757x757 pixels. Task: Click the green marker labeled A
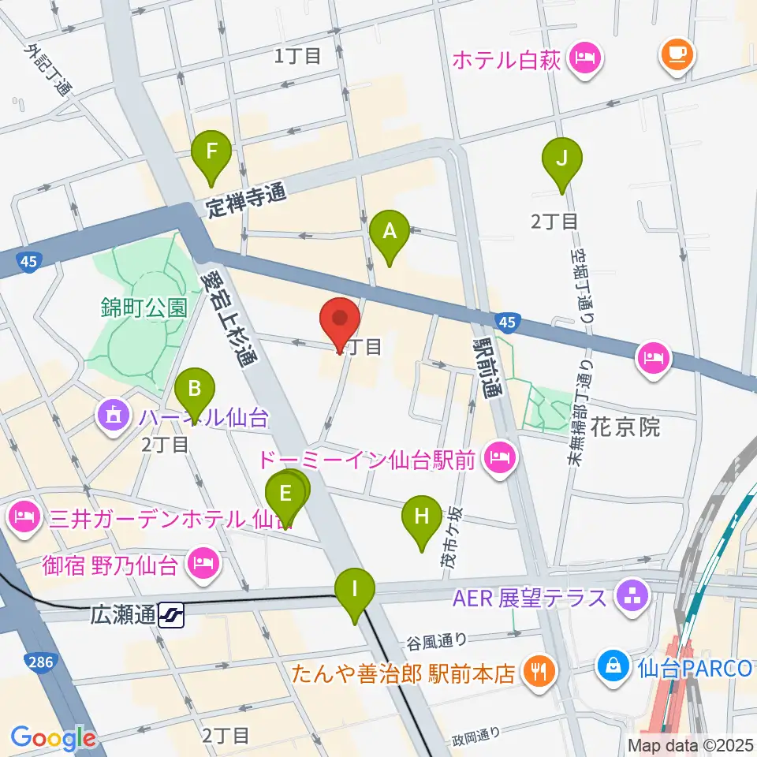(390, 232)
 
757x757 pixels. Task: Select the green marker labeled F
(211, 151)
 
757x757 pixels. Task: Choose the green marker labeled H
(422, 519)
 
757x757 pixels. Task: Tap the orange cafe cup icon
(677, 54)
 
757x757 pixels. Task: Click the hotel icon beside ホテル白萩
(584, 58)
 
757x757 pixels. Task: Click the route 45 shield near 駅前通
(508, 321)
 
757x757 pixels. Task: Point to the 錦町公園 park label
(144, 307)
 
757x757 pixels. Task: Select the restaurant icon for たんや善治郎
(542, 672)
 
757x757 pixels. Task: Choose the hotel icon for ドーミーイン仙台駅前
(500, 457)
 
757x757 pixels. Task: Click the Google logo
(54, 738)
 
